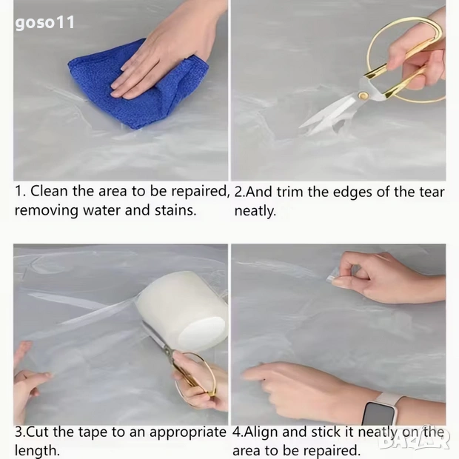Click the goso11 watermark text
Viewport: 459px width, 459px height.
coord(44,23)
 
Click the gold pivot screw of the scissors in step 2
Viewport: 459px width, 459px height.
coord(363,96)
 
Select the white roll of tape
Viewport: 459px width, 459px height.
coord(182,311)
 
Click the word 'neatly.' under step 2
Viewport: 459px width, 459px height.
coord(255,211)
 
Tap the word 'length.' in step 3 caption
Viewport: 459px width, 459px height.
coord(37,451)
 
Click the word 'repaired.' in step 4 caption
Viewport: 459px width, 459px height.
coord(330,451)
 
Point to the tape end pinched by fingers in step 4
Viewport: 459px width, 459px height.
coord(333,278)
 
